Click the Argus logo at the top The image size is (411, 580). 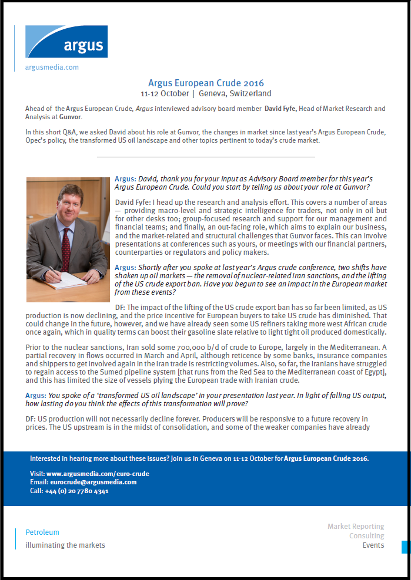tap(66, 41)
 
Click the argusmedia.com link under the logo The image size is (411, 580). tap(52, 68)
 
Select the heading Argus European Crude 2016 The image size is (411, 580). tap(206, 83)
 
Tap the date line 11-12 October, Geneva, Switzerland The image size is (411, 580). tap(206, 93)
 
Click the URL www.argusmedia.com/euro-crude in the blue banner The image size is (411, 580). tap(98, 474)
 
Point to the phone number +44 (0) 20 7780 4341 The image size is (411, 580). tap(76, 491)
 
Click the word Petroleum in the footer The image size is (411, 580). tap(42, 532)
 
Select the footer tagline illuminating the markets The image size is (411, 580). tap(65, 545)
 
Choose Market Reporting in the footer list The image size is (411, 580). tap(356, 527)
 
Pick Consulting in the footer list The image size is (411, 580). tap(366, 536)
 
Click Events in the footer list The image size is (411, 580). tap(373, 545)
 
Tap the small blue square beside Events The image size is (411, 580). tap(405, 547)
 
